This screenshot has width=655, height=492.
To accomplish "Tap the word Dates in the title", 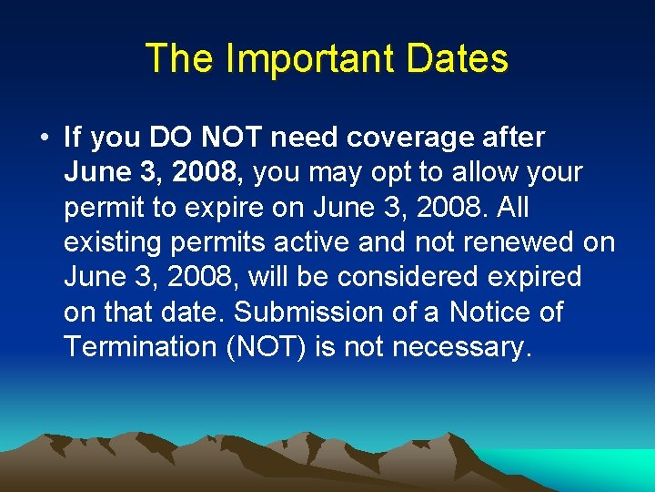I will click(458, 58).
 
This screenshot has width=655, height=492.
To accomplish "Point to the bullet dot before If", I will click(43, 138).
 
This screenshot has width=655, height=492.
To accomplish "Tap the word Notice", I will click(489, 312).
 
